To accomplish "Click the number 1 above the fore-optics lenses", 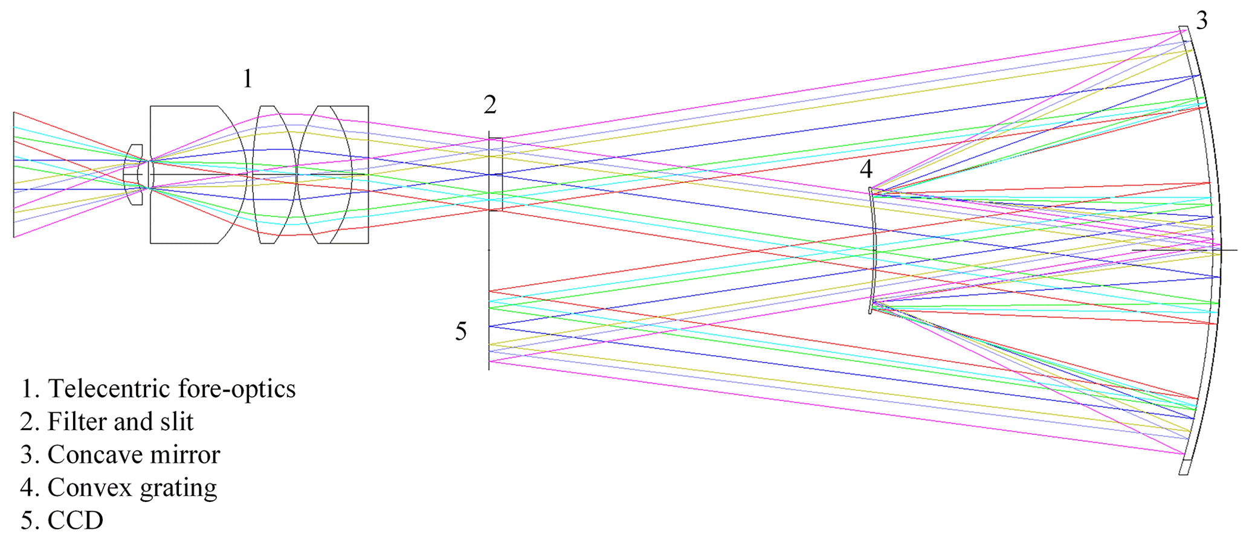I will tap(247, 79).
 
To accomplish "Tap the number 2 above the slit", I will tap(490, 106).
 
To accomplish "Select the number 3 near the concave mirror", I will tap(1202, 21).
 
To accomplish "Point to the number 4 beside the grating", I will tap(866, 170).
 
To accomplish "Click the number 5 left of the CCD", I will tap(461, 332).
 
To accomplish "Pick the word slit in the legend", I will tap(177, 422).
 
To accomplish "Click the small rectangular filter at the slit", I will tap(496, 175).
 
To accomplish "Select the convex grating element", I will tap(873, 250).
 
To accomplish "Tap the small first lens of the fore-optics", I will tap(134, 175).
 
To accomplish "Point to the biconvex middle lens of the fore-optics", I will tap(275, 175).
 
